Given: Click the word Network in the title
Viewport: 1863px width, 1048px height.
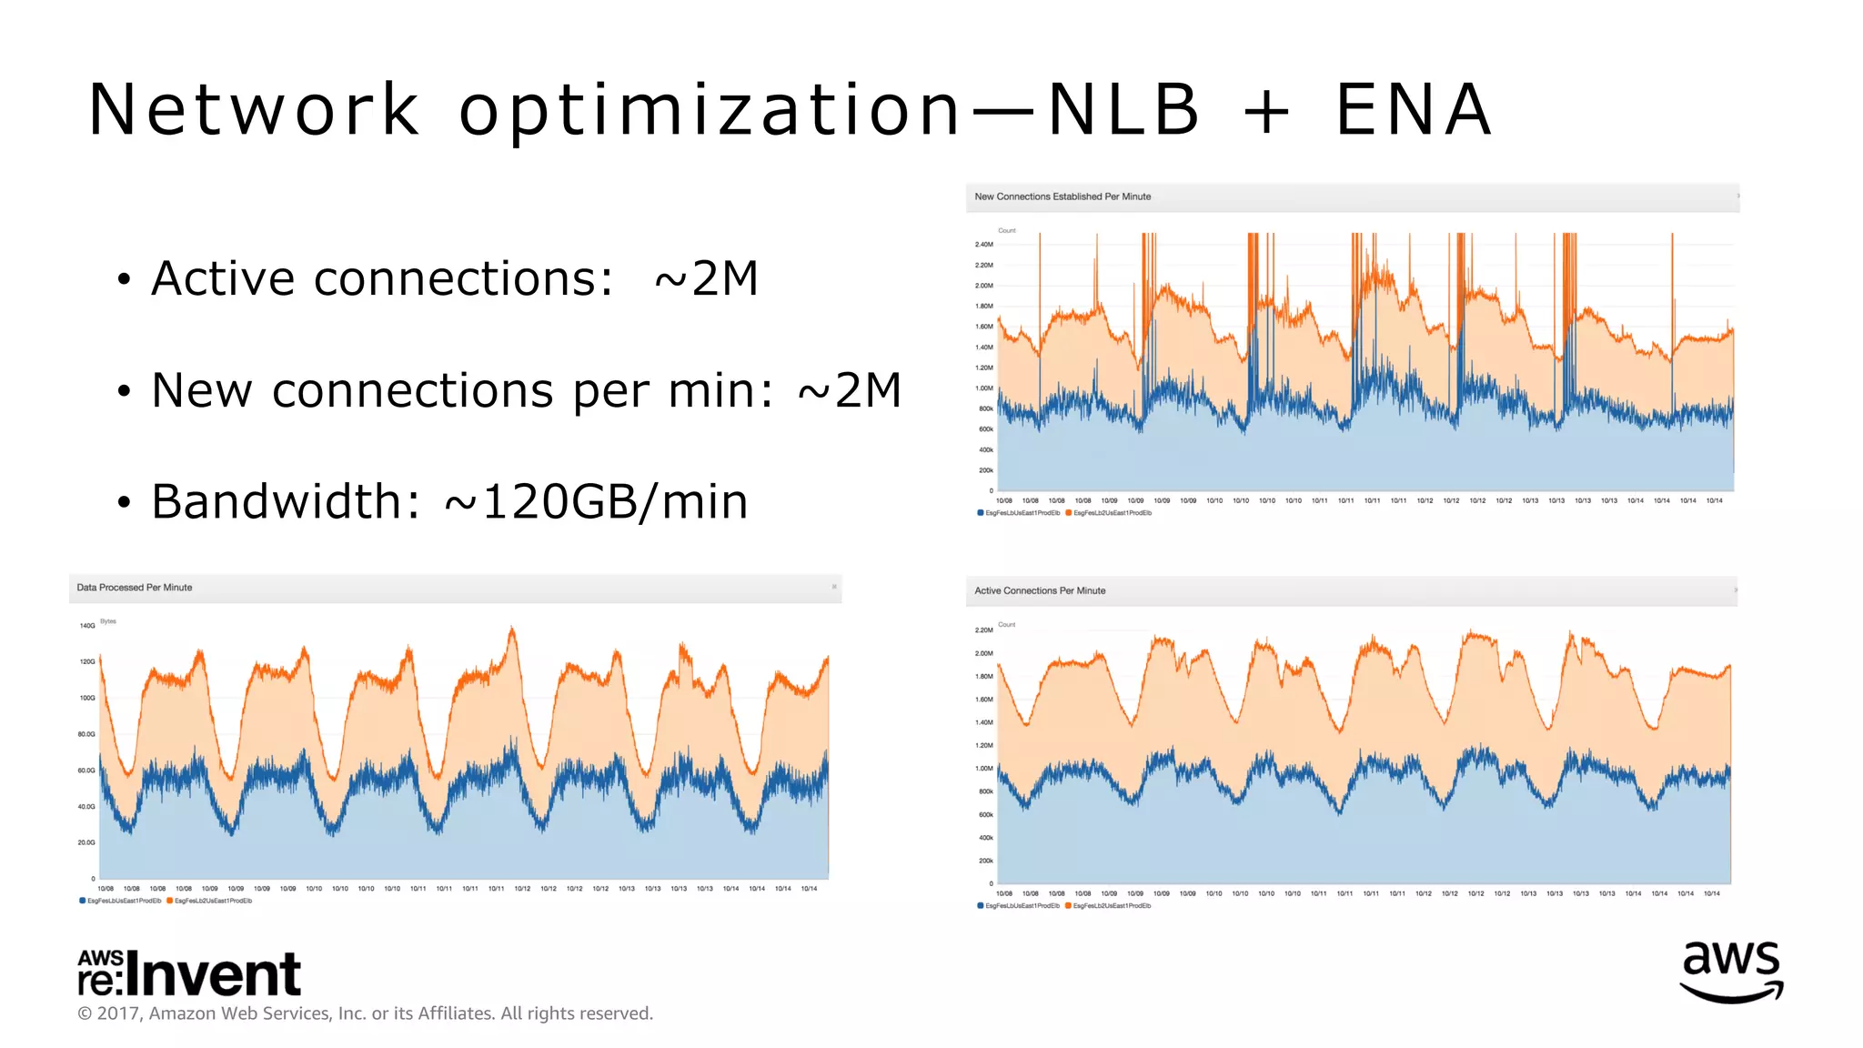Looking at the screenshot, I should pos(255,110).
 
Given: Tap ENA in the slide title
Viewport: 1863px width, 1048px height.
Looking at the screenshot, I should pos(1413,110).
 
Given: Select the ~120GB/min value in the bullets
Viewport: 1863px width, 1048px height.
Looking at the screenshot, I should pos(596,502).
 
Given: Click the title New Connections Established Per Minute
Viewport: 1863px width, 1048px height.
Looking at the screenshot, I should pos(1062,196).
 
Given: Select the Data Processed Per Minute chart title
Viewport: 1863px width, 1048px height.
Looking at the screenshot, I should pos(135,588).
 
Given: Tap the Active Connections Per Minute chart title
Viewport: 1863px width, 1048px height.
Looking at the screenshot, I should pos(1040,590).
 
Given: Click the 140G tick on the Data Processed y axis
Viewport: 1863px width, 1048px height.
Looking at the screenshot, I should pos(87,626).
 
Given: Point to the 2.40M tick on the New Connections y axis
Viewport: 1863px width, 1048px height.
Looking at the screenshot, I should pos(983,245).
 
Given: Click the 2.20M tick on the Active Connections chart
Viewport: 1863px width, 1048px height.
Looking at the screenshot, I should pos(983,630).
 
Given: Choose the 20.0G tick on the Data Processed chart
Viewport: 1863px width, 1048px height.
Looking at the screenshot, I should pos(86,842).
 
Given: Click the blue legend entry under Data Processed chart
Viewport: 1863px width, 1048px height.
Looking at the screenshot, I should pos(120,901).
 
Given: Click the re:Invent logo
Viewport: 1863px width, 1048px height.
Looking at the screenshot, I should pos(189,973).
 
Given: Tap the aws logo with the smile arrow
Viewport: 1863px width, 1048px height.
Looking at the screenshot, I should pos(1731,972).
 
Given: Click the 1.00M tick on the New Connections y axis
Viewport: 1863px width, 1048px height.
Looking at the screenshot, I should pos(983,388).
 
